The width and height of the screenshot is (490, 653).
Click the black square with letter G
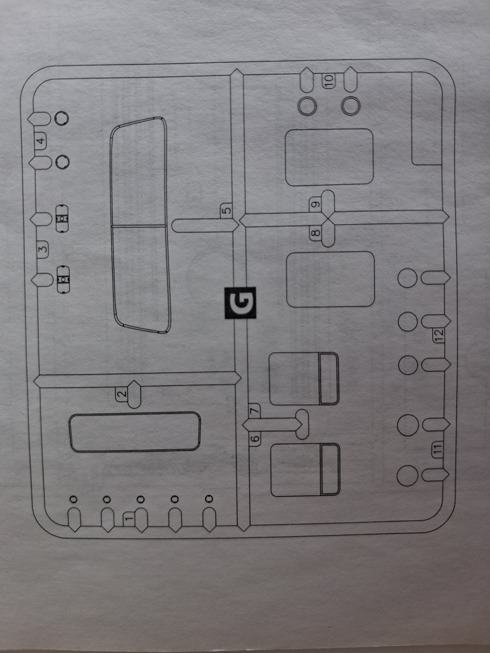click(240, 303)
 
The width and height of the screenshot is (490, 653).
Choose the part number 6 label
click(255, 438)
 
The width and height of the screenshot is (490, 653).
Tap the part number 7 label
click(255, 410)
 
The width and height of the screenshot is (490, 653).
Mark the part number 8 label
click(315, 233)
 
